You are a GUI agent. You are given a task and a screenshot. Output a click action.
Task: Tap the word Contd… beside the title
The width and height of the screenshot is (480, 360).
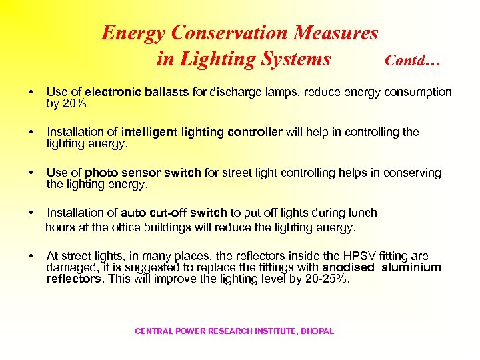pyautogui.click(x=413, y=61)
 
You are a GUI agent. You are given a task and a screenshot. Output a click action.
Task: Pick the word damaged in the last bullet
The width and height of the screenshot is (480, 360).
pyautogui.click(x=69, y=267)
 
